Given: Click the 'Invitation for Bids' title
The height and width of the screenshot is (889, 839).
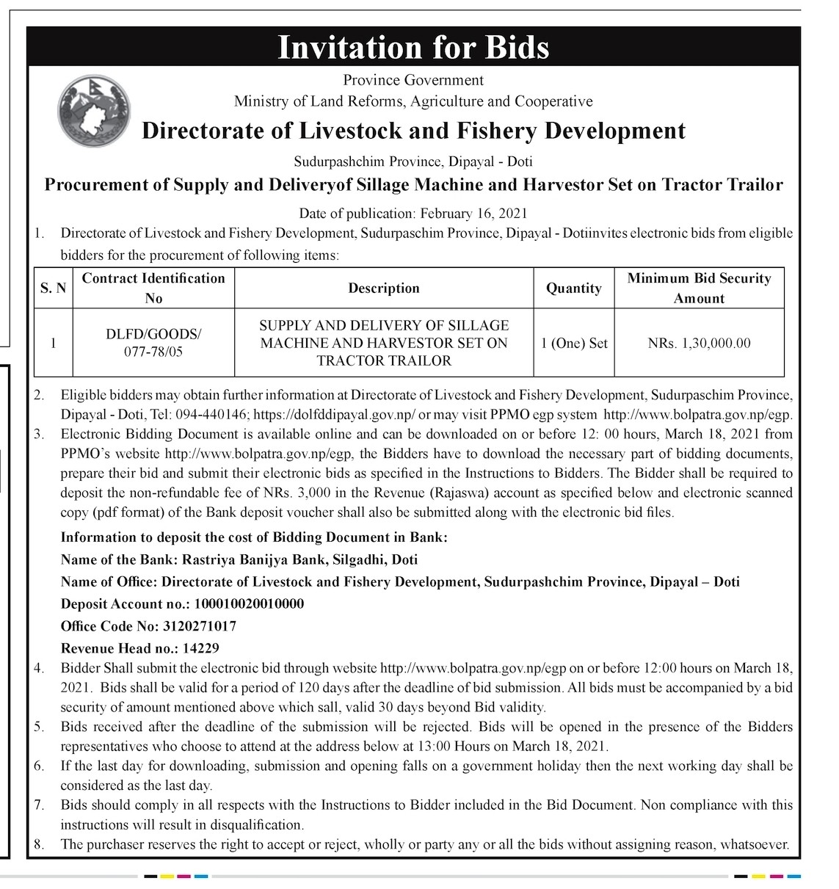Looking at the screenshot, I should tap(413, 48).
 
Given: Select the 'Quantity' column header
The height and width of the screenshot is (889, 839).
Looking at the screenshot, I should tap(573, 289).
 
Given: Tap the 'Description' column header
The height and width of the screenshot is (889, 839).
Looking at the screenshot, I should tap(384, 289).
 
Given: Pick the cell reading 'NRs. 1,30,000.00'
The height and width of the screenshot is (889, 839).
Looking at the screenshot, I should tap(699, 343).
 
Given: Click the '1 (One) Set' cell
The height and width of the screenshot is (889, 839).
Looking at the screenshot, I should tap(573, 343).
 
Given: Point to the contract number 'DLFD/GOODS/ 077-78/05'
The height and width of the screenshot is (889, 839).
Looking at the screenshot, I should tap(153, 343).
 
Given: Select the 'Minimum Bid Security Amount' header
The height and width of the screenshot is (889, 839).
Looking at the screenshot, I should tap(699, 289).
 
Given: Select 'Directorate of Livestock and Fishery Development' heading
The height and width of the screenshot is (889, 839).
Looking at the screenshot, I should tap(413, 131).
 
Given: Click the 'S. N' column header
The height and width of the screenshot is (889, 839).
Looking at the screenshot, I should tap(52, 289).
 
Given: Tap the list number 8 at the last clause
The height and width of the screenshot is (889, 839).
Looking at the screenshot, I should tap(39, 844).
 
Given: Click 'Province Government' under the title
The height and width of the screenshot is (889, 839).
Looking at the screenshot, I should tap(413, 79).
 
